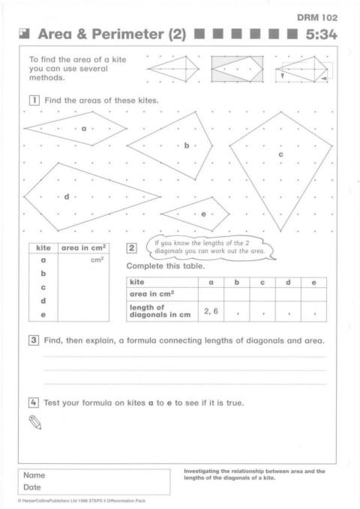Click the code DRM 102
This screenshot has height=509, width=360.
(x=317, y=17)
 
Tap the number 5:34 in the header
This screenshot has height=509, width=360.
(x=321, y=34)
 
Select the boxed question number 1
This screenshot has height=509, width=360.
(x=34, y=100)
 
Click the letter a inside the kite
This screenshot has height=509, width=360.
(x=84, y=129)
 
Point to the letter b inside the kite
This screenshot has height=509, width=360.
(x=187, y=145)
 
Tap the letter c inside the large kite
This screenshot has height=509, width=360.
(x=280, y=154)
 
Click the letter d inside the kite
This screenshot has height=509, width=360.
(x=67, y=196)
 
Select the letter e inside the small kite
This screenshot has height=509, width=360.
(x=204, y=214)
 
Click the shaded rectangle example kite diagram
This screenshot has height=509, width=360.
(x=237, y=69)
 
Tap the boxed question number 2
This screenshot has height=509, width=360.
(x=131, y=248)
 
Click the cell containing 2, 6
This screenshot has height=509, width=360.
(x=211, y=311)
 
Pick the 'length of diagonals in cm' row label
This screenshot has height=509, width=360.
(x=160, y=311)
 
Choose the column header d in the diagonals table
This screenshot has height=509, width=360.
(x=288, y=283)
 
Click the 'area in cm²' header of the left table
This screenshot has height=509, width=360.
(x=84, y=248)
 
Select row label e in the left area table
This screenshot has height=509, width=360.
(x=43, y=315)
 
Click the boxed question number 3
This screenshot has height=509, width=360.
(x=34, y=340)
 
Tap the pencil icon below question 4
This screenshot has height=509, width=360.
(x=35, y=422)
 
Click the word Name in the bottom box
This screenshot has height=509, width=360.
(x=34, y=475)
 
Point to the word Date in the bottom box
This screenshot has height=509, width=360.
(x=32, y=487)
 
